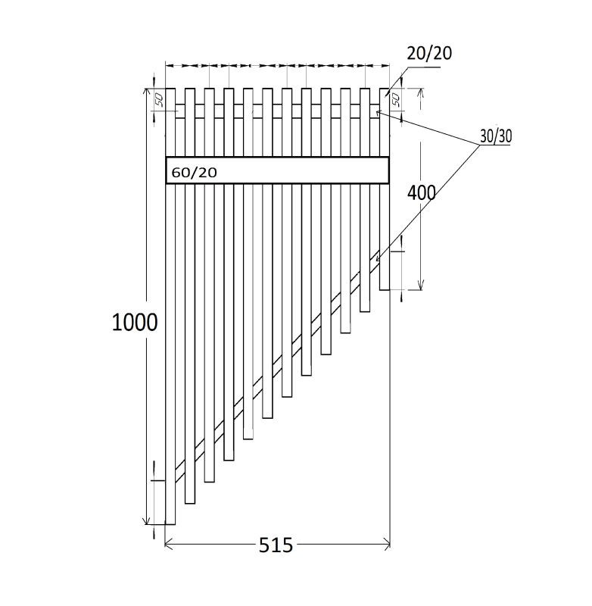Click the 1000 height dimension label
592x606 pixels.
(135, 323)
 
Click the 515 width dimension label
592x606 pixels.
(276, 545)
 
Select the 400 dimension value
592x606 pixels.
(422, 193)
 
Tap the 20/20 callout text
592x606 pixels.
(429, 53)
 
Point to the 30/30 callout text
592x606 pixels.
(496, 136)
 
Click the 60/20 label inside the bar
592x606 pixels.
(195, 173)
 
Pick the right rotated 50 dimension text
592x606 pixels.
(395, 99)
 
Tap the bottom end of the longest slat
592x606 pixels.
(170, 523)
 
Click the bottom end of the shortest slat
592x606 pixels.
(385, 289)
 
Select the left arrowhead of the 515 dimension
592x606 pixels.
(167, 542)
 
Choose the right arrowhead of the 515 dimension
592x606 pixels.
(388, 542)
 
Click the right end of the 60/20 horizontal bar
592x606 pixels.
(388, 170)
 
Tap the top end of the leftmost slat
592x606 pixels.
(170, 89)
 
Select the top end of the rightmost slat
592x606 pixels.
(385, 89)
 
